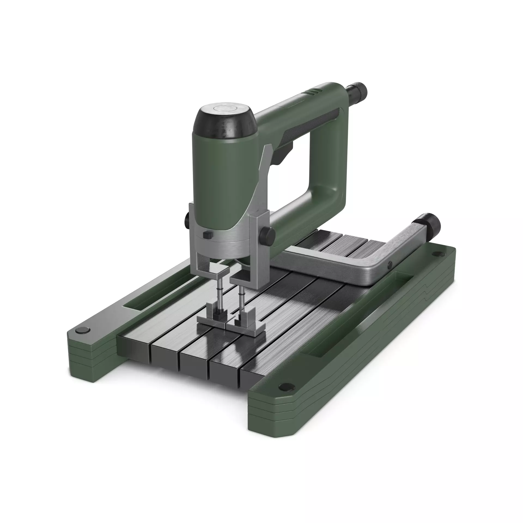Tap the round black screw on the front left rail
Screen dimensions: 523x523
pos(82,330)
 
